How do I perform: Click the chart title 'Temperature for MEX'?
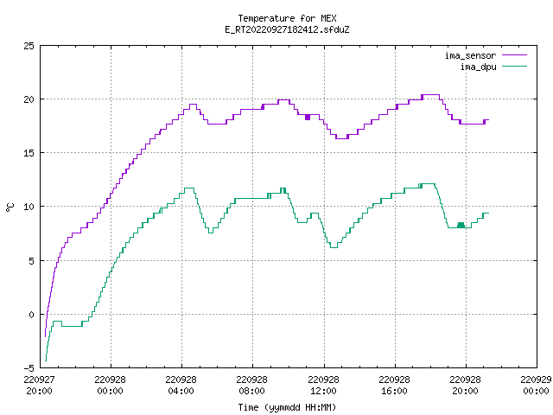click(287, 18)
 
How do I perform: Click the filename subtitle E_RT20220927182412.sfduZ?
click(287, 29)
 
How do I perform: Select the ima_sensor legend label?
click(470, 55)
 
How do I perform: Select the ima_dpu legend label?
click(478, 67)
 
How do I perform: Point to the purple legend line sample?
click(514, 55)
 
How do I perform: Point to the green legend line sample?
click(514, 66)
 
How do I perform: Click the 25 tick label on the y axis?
click(29, 46)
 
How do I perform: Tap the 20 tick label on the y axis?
click(29, 99)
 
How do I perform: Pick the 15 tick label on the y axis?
click(29, 153)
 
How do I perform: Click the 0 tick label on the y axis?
click(32, 315)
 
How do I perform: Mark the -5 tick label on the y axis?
click(29, 368)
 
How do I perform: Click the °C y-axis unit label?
click(10, 207)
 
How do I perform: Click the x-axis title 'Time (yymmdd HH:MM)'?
click(287, 407)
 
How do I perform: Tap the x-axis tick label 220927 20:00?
click(39, 386)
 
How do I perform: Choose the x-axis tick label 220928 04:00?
click(181, 386)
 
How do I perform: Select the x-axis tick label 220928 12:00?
click(323, 386)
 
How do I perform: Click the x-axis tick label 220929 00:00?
click(536, 386)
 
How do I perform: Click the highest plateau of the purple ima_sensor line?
click(430, 94)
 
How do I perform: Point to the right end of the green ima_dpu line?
click(488, 213)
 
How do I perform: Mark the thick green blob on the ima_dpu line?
click(461, 225)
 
